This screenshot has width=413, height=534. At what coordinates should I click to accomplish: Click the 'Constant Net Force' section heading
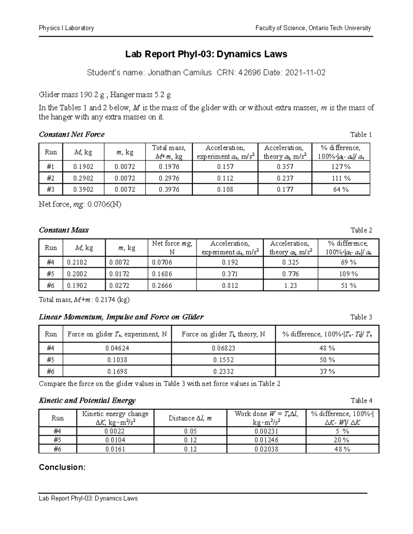[x=72, y=134]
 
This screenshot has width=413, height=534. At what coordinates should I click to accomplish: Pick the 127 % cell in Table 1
[x=341, y=167]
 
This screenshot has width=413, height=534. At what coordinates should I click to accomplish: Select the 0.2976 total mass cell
[x=169, y=178]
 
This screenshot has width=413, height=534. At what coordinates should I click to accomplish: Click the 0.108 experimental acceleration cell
[x=225, y=189]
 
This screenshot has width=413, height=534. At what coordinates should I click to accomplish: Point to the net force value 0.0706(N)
[x=104, y=205]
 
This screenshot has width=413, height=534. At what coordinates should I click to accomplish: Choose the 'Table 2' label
[x=361, y=230]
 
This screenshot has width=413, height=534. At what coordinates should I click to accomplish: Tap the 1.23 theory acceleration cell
[x=290, y=285]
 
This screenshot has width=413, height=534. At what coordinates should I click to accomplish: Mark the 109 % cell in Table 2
[x=348, y=274]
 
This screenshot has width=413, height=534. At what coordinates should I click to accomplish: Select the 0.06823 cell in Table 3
[x=223, y=348]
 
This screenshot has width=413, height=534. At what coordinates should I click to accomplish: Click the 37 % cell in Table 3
[x=327, y=371]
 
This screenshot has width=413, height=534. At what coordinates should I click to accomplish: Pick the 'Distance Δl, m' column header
[x=190, y=418]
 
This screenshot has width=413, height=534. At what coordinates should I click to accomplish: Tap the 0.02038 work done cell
[x=266, y=449]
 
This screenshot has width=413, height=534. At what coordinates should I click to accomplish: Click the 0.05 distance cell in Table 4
[x=190, y=431]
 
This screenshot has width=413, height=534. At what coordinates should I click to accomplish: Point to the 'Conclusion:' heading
[x=62, y=467]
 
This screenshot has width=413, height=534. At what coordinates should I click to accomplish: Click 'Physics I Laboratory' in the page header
[x=66, y=28]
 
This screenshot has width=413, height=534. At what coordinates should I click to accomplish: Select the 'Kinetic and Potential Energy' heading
[x=87, y=401]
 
